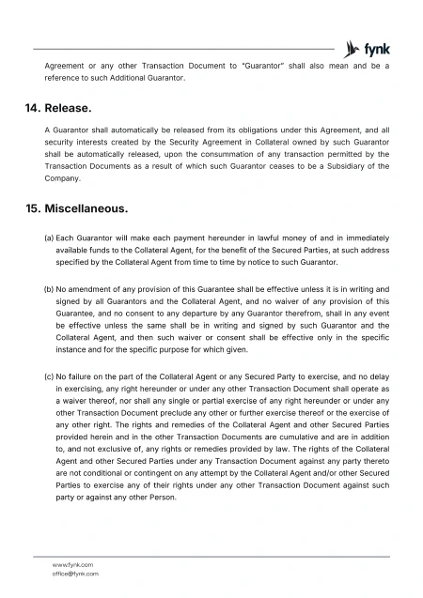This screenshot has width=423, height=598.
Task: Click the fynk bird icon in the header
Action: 354,47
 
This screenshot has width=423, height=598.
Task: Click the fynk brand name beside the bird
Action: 379,47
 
